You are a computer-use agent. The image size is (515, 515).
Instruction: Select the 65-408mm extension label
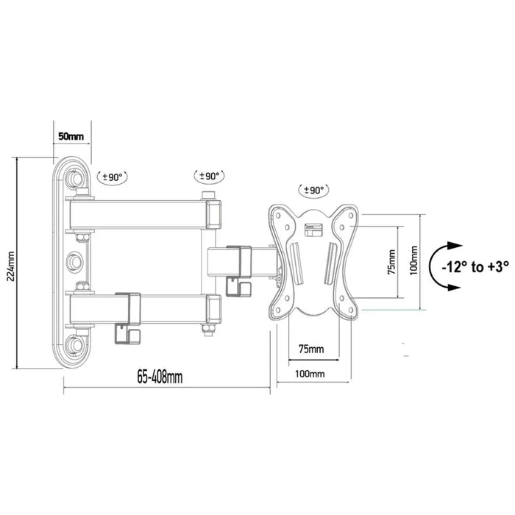pos(160,377)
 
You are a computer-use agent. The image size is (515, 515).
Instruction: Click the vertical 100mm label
pos(413,259)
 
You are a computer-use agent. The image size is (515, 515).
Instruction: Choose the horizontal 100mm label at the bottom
pos(310,373)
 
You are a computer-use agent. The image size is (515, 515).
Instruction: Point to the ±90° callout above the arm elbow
pos(210,177)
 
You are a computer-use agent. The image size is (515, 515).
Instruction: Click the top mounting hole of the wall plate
pos(74,179)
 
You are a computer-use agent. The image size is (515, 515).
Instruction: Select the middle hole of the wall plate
pos(74,261)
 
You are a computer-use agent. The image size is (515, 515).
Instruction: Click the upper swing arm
pos(140,214)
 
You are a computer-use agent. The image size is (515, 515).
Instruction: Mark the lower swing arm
pos(140,310)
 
